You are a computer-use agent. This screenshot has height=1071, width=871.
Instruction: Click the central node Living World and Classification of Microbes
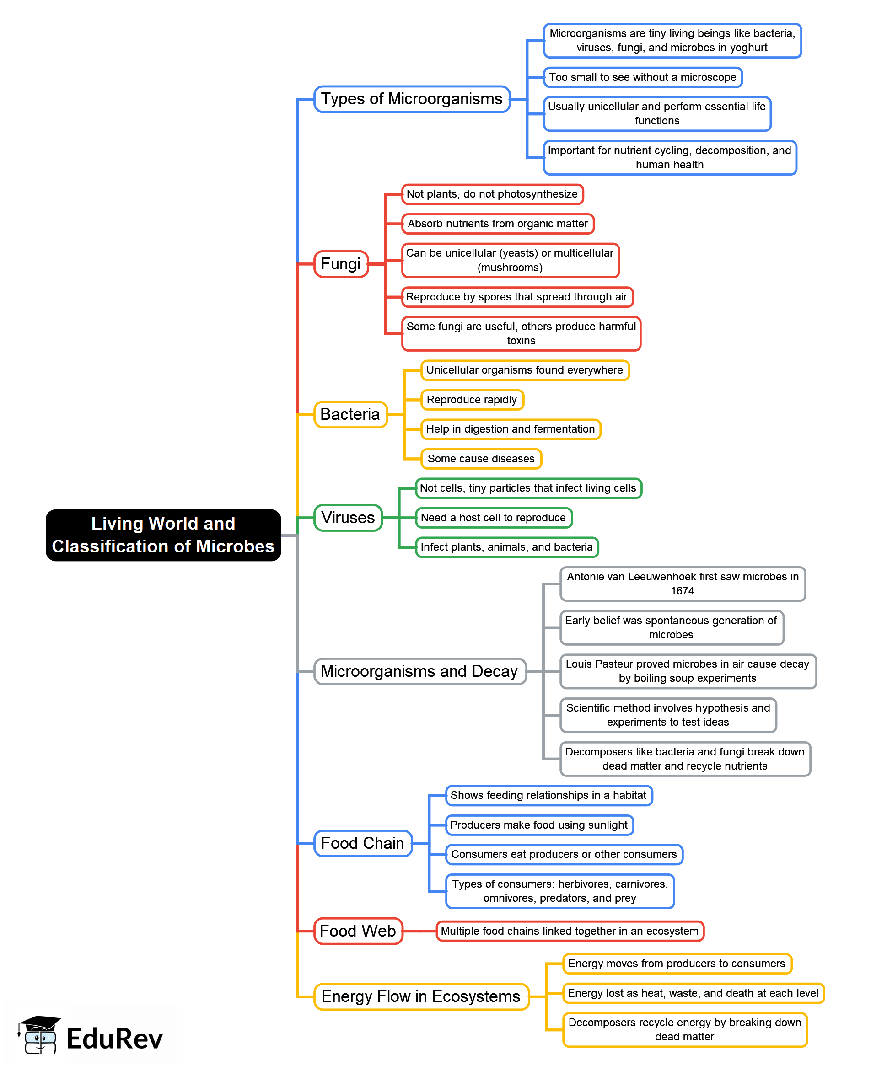tap(163, 535)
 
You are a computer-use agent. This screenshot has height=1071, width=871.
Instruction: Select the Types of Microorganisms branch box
tap(411, 99)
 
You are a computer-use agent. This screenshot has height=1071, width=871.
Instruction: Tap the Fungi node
tap(341, 264)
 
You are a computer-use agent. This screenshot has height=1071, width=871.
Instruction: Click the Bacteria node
tap(350, 414)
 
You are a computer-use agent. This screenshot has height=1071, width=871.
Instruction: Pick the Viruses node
tap(348, 518)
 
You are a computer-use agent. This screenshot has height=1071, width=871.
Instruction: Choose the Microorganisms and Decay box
tap(419, 671)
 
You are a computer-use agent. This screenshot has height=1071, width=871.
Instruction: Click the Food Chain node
tap(362, 843)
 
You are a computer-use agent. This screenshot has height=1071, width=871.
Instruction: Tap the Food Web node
tap(358, 931)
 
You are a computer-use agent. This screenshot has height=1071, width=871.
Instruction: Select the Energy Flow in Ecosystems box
tap(421, 996)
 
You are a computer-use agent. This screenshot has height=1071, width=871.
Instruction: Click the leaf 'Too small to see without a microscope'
tap(642, 77)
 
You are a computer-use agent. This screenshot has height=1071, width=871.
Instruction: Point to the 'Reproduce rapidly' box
tap(472, 400)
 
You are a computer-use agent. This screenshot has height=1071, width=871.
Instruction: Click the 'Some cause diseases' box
tap(481, 459)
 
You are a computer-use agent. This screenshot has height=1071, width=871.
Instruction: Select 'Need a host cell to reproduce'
tap(493, 518)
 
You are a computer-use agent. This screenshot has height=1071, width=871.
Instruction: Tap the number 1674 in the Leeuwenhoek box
tap(683, 591)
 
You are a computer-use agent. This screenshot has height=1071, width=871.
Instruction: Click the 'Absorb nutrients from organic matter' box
tap(497, 224)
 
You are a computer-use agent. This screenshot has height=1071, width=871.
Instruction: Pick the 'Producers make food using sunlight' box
tap(539, 825)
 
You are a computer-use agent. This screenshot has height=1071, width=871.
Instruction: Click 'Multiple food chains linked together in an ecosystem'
tap(570, 931)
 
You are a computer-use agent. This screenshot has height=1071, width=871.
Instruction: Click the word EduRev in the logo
tap(114, 1039)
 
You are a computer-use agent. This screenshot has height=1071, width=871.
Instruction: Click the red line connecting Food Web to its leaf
tap(419, 931)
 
